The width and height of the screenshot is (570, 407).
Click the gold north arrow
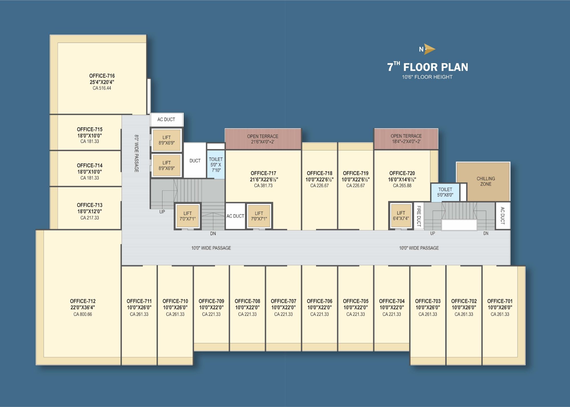(x=429, y=49)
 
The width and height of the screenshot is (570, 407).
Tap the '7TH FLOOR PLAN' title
(x=427, y=67)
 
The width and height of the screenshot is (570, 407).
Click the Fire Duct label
(x=419, y=216)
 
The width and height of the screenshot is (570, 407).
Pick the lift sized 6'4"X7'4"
(x=401, y=216)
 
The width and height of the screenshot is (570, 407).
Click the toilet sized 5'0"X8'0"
(x=445, y=192)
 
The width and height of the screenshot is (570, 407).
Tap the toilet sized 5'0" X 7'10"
(x=216, y=165)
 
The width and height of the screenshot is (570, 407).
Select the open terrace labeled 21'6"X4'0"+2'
(x=263, y=139)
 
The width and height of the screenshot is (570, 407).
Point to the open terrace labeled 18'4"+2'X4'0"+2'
(x=406, y=139)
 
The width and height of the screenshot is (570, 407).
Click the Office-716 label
(x=102, y=76)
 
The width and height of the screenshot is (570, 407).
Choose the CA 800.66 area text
(x=83, y=314)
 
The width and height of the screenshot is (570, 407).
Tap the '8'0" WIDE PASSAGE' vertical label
(x=137, y=153)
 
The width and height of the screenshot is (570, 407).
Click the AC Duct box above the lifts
(x=166, y=120)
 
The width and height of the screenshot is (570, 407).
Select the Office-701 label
(x=500, y=301)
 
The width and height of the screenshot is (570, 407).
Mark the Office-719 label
(x=356, y=173)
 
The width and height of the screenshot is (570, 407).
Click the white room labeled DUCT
(x=195, y=160)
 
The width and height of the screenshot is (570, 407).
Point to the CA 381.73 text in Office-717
(x=263, y=186)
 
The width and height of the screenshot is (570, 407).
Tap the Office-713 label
(x=89, y=205)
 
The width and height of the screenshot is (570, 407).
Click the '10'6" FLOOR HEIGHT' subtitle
(x=427, y=77)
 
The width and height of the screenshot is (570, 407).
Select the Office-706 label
(x=319, y=301)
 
